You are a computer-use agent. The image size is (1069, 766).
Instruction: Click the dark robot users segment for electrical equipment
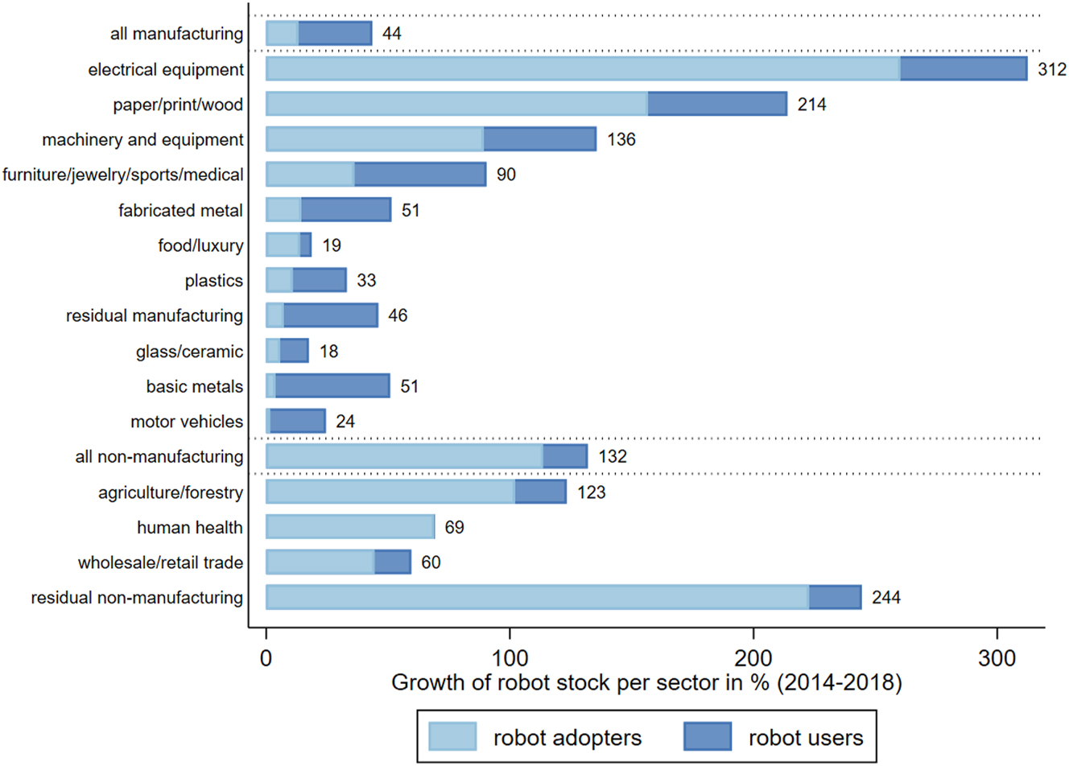pyautogui.click(x=963, y=68)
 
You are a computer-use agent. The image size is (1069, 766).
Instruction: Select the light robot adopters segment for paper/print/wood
pyautogui.click(x=456, y=104)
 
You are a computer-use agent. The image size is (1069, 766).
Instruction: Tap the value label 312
pyautogui.click(x=1051, y=69)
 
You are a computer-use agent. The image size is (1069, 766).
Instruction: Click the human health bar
pyautogui.click(x=350, y=527)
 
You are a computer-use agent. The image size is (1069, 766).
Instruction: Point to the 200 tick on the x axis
pyautogui.click(x=753, y=658)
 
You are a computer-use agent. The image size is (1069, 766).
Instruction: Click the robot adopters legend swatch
pyautogui.click(x=452, y=736)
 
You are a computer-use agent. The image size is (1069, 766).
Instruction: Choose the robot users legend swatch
pyautogui.click(x=708, y=736)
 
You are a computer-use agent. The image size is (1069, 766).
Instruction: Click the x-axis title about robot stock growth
pyautogui.click(x=646, y=683)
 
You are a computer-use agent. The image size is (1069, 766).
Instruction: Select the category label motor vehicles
pyautogui.click(x=187, y=422)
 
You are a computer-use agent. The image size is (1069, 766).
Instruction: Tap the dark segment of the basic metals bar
pyautogui.click(x=332, y=386)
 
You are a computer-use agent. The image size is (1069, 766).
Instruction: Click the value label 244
pyautogui.click(x=885, y=598)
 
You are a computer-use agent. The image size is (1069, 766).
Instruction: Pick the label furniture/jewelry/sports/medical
pyautogui.click(x=122, y=175)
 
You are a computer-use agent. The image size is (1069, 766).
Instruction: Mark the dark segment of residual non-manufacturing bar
pyautogui.click(x=835, y=597)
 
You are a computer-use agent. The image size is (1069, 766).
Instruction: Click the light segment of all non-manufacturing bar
pyautogui.click(x=404, y=456)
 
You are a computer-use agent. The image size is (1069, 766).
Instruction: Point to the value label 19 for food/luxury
pyautogui.click(x=332, y=245)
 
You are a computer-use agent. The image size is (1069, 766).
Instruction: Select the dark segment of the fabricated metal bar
pyautogui.click(x=346, y=210)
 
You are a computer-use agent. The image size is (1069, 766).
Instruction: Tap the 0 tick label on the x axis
pyautogui.click(x=266, y=658)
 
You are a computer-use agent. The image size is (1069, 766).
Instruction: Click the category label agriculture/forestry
pyautogui.click(x=171, y=492)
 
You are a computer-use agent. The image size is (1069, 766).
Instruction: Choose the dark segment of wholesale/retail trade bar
pyautogui.click(x=393, y=562)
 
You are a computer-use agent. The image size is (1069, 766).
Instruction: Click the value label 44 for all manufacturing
pyautogui.click(x=391, y=34)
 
